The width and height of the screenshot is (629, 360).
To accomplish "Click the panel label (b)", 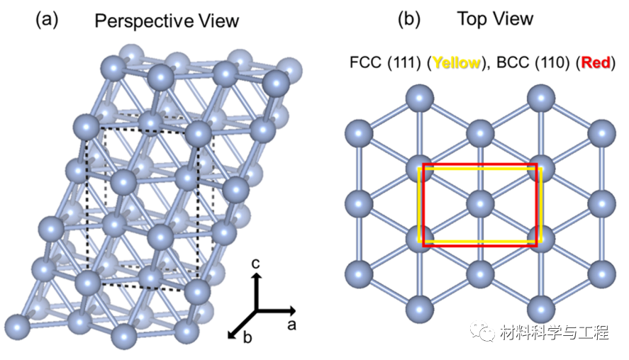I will (x=409, y=19).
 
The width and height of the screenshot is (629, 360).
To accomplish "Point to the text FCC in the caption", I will (x=364, y=63).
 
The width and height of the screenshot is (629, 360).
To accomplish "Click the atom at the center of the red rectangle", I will (x=480, y=203).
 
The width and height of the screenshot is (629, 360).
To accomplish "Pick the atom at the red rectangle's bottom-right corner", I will (x=541, y=238).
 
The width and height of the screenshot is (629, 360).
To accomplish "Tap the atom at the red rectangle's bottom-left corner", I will (x=420, y=238).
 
